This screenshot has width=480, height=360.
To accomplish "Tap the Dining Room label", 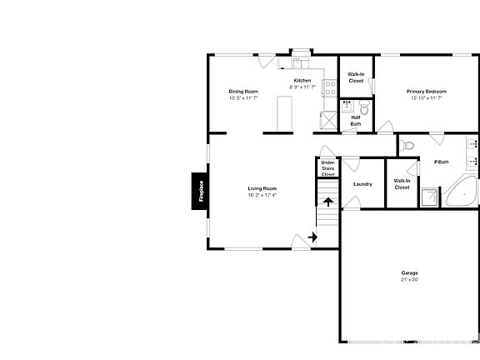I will click(243, 91).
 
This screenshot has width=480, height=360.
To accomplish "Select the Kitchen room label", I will click(302, 80).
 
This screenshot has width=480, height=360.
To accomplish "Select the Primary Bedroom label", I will click(426, 91).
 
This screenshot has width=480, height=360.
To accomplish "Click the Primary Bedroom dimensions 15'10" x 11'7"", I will click(426, 97).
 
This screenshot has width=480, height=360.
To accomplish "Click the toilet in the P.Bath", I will click(407, 147).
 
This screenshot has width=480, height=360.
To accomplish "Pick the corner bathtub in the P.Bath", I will click(460, 192).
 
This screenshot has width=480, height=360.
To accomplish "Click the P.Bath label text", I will click(442, 162).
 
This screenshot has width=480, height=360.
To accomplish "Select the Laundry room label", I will click(362, 184).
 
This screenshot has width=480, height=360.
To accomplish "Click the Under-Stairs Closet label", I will click(328, 168).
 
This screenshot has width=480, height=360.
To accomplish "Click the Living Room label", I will click(262, 188).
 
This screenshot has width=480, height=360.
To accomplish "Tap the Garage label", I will click(409, 273).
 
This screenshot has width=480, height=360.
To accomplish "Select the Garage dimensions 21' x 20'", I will click(409, 280).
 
